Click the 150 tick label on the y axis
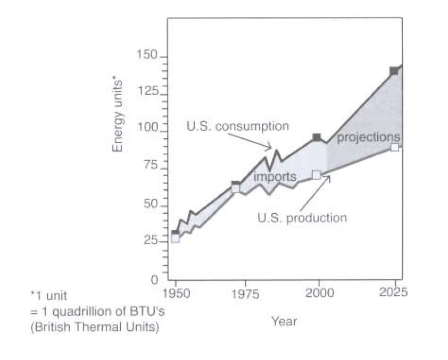148,55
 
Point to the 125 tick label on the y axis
148,91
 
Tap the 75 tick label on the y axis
151,165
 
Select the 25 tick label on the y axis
151,240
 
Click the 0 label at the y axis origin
154,279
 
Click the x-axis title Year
284,321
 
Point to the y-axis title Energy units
118,115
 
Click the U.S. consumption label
237,127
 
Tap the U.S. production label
302,217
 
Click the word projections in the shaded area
368,137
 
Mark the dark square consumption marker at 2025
394,71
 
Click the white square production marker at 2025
394,147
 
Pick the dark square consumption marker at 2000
317,137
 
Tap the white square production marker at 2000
317,175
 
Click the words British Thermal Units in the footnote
94,328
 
